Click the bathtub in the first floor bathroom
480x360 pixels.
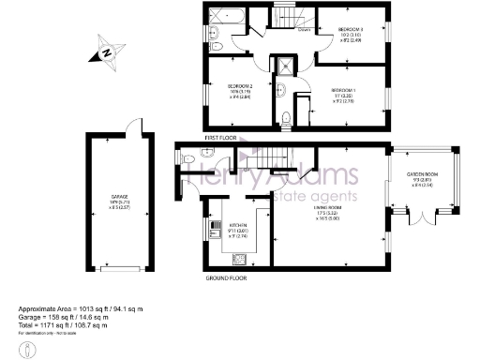(226, 16)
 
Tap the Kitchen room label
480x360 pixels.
(238, 231)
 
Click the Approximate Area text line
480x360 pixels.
(80, 308)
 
